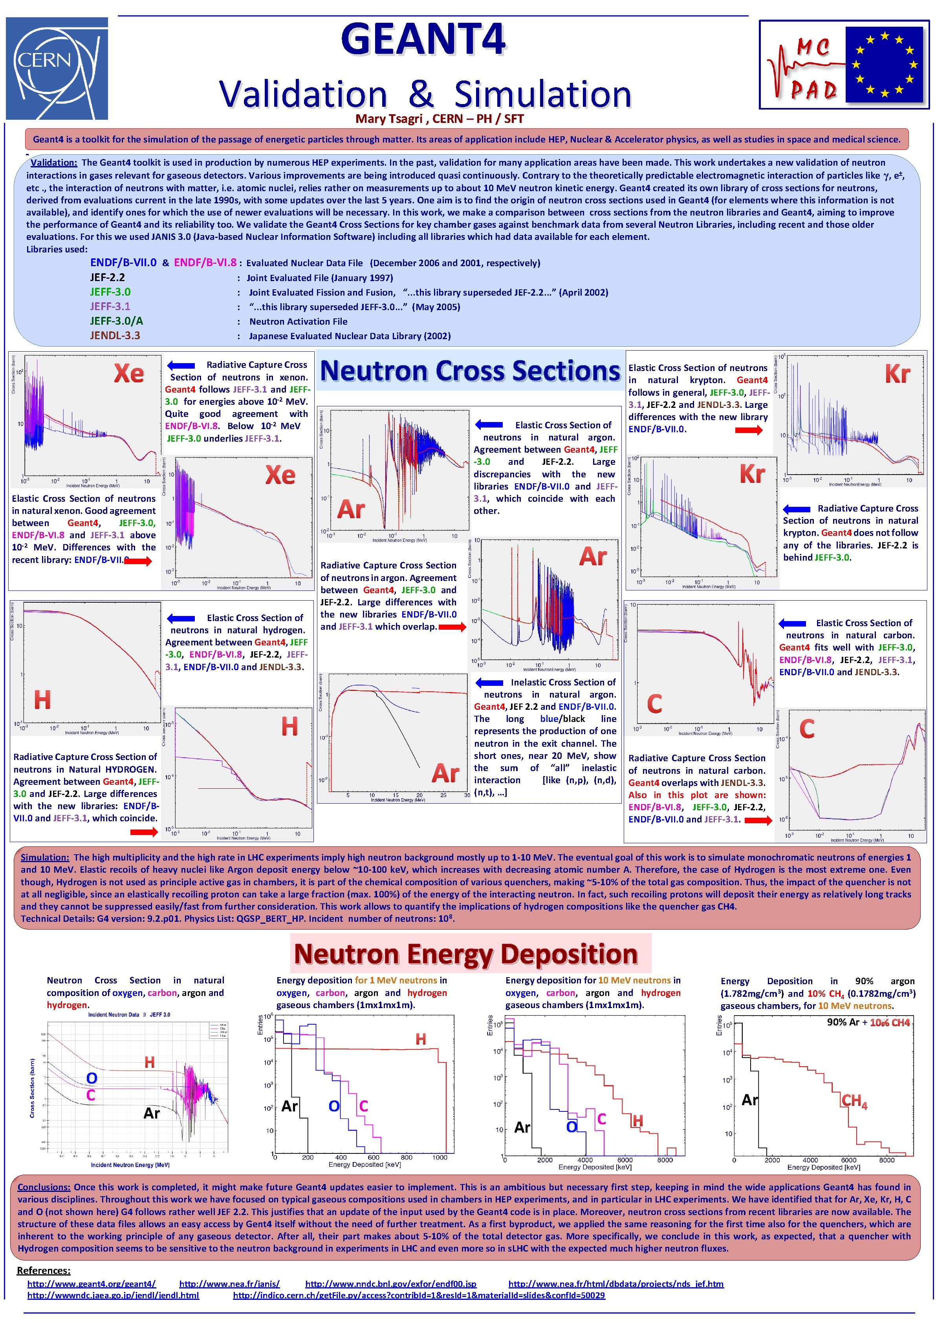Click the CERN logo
57,68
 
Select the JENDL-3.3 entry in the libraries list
115,335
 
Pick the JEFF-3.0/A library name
116,321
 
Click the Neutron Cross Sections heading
470,371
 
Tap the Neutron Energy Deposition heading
466,954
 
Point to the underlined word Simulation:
45,857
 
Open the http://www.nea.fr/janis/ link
229,1284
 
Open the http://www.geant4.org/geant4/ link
92,1284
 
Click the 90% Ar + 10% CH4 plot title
868,1023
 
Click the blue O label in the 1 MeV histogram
334,1106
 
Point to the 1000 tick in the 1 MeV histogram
440,1157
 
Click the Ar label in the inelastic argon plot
445,773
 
